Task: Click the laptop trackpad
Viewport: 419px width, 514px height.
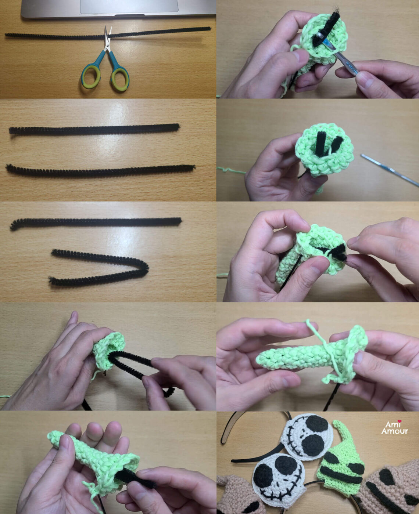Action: (x=129, y=6)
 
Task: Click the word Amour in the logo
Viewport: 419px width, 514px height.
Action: (x=394, y=431)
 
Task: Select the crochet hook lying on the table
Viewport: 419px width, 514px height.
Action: (x=390, y=169)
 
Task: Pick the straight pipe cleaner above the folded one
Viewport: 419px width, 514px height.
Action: (x=96, y=222)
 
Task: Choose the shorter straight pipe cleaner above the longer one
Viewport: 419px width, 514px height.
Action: (x=94, y=129)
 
